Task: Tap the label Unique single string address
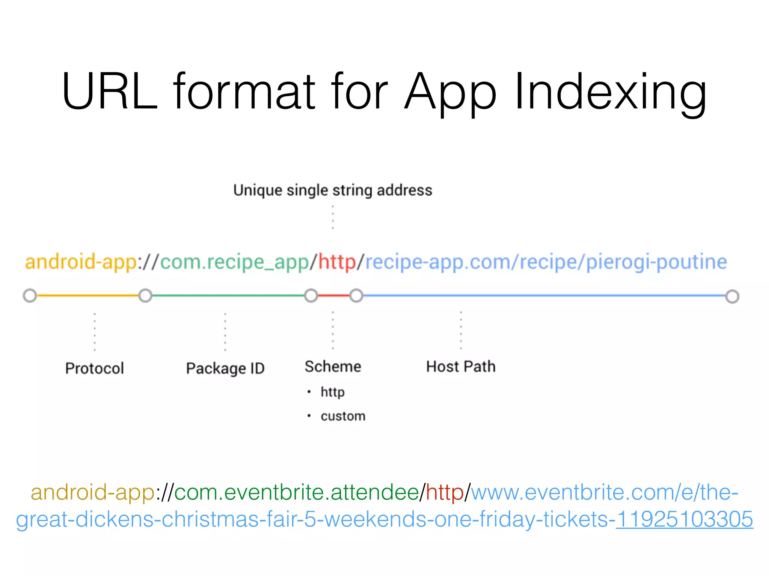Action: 333,190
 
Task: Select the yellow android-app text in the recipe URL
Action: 81,261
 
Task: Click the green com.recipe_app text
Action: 234,262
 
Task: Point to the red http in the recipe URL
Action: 337,261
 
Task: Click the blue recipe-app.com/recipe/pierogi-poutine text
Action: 546,261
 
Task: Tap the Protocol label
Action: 94,368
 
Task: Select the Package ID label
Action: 225,368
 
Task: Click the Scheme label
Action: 333,366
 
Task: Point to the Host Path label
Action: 461,366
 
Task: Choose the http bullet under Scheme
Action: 332,392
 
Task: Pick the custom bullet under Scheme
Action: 343,416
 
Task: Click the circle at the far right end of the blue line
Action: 732,296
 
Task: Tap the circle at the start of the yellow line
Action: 30,295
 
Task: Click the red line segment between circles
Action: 334,295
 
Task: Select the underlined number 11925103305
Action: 684,519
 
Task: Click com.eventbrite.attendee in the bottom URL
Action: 296,492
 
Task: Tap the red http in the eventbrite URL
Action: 445,492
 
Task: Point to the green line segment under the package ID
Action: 228,295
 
